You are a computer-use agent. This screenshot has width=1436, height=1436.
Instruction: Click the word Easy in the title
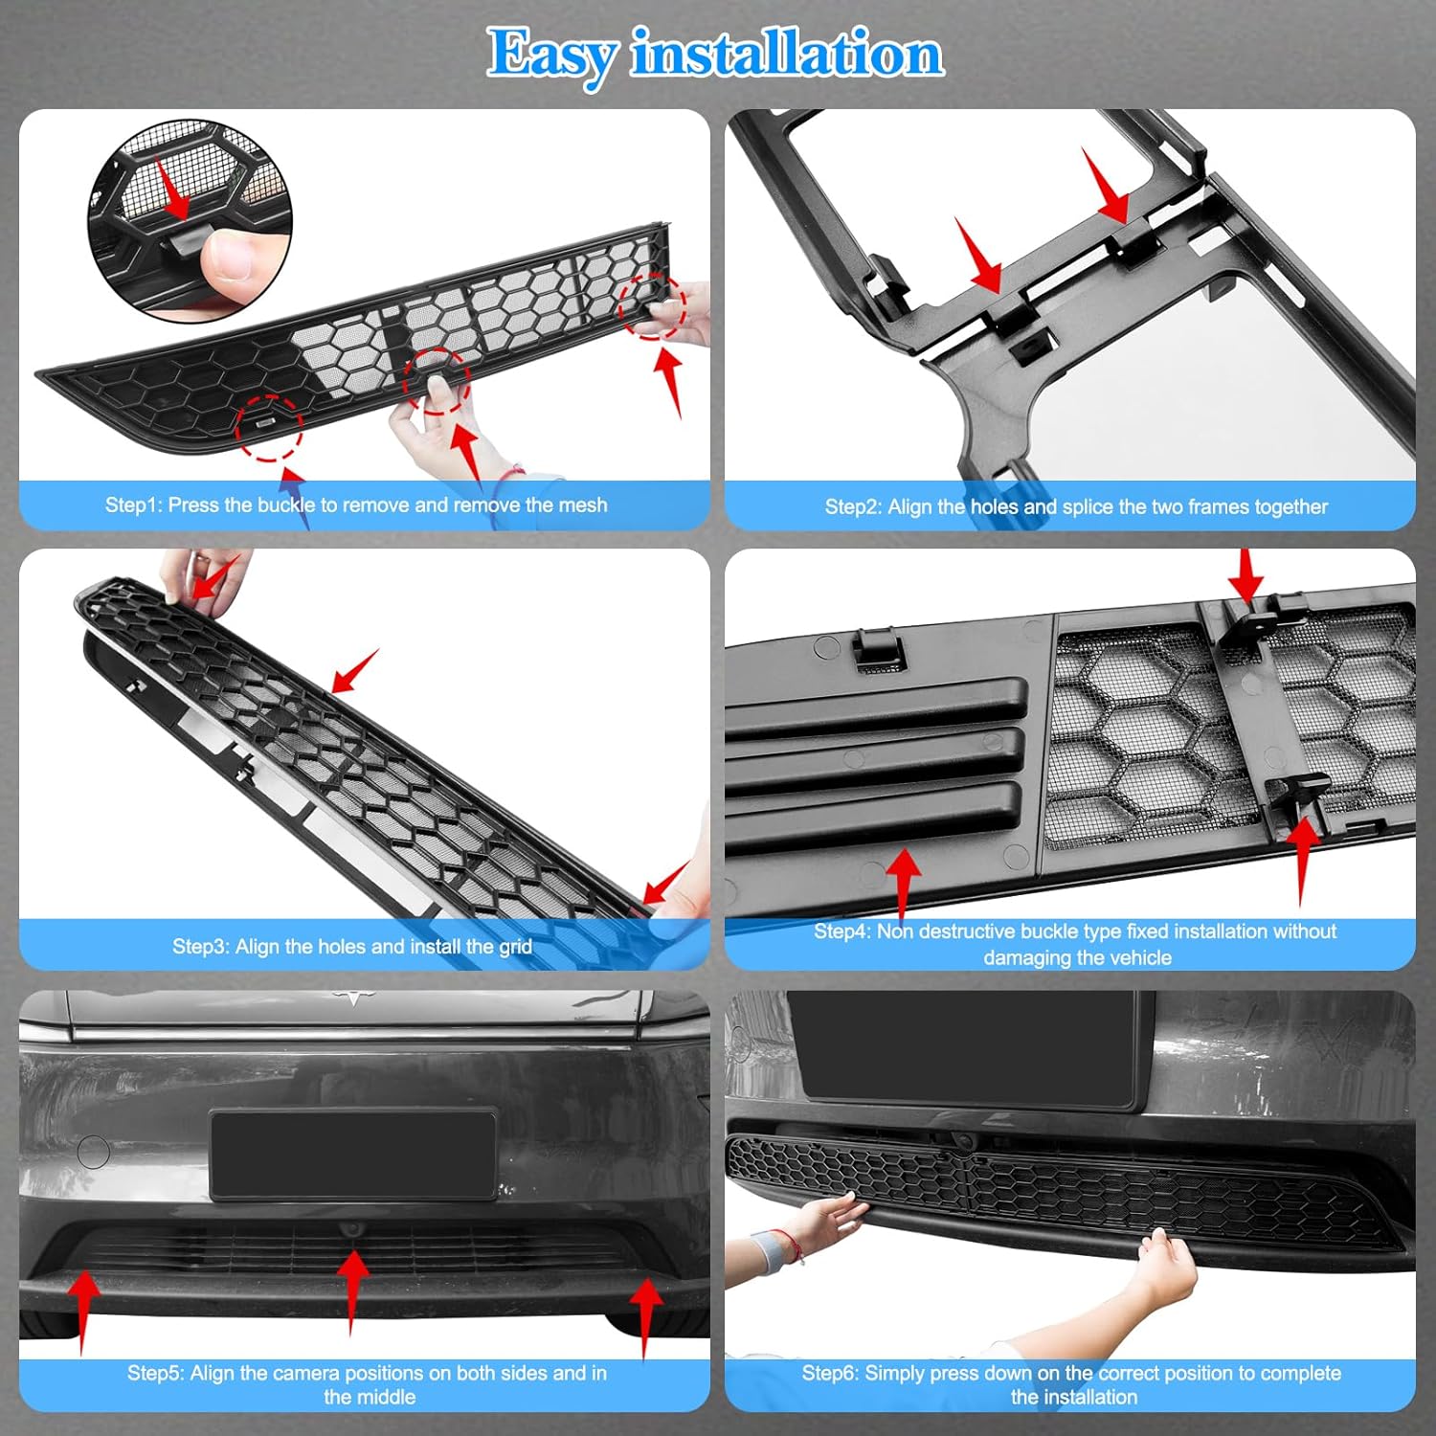(x=551, y=55)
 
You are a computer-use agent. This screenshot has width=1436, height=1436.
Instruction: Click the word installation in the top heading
(x=786, y=55)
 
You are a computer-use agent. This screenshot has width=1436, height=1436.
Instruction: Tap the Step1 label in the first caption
(x=132, y=505)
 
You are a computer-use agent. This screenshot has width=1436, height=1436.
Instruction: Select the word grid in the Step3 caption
(x=514, y=947)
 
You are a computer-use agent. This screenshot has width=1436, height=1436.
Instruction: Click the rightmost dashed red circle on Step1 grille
(x=654, y=306)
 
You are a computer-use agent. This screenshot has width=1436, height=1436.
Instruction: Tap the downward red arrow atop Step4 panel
(x=1245, y=574)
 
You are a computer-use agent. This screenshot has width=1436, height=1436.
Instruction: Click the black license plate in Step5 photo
(x=353, y=1154)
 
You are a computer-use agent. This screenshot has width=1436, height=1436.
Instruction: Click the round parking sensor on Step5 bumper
(x=93, y=1151)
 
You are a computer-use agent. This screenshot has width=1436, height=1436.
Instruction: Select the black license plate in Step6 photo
(x=967, y=1048)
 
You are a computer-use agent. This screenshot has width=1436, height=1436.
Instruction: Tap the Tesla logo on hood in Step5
(x=356, y=998)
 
